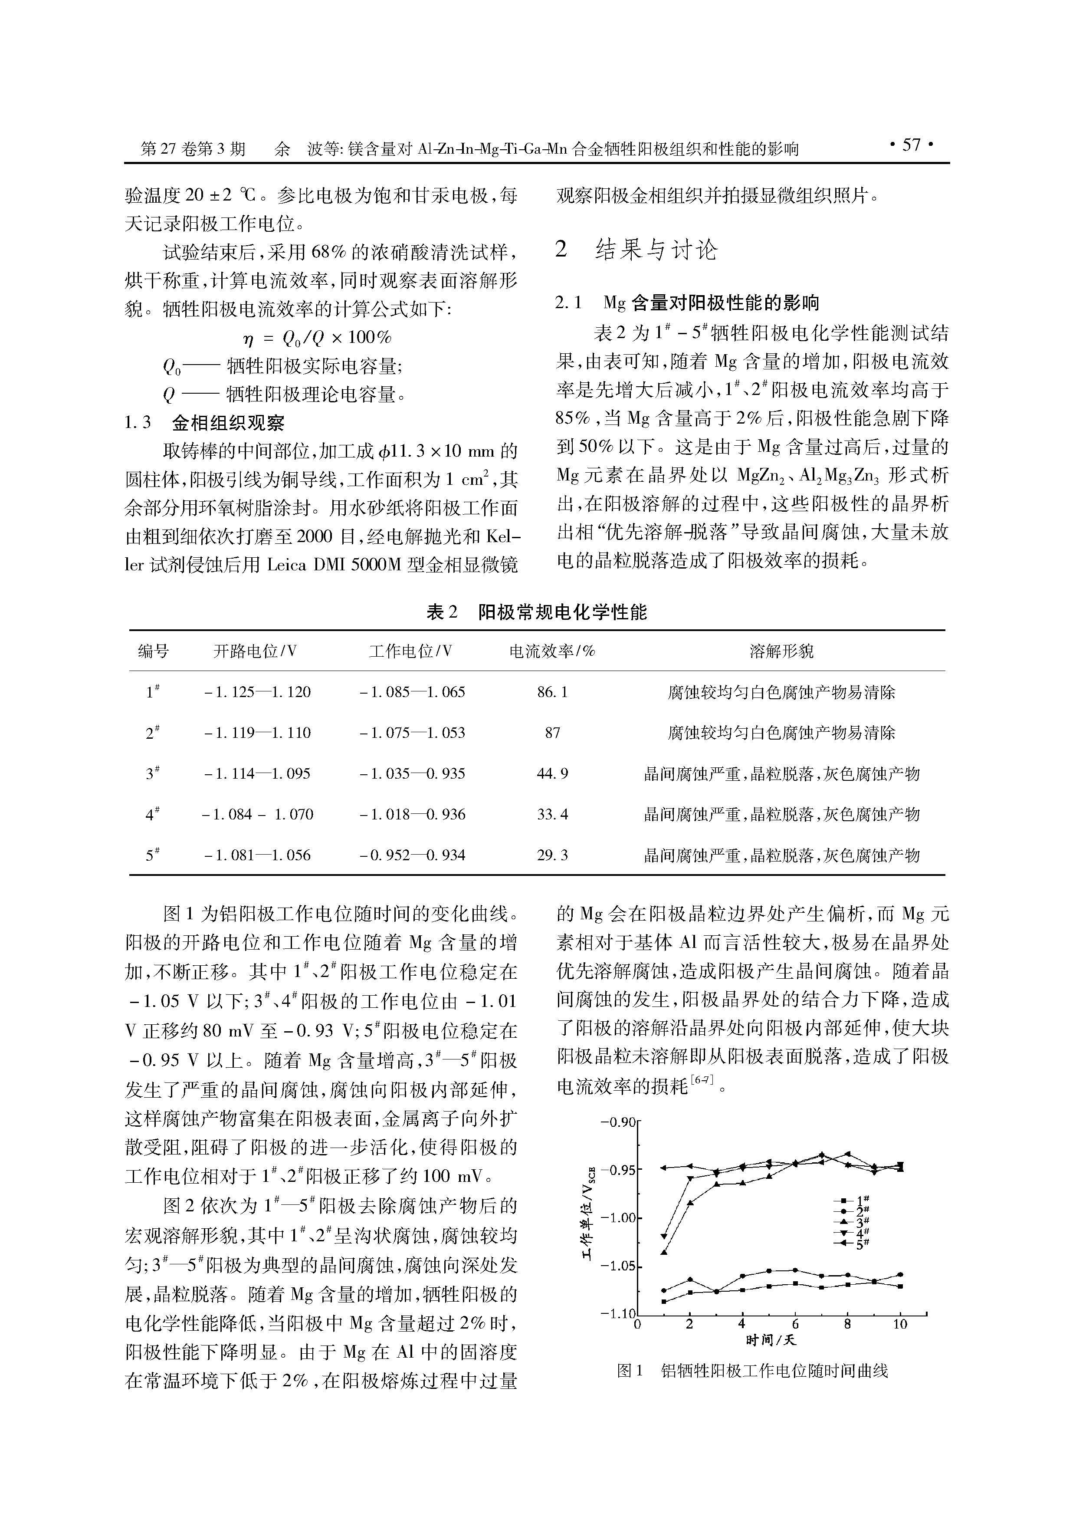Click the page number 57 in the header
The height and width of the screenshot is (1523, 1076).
911,145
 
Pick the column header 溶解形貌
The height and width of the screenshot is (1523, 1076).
781,651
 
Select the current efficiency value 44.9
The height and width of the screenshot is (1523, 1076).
552,773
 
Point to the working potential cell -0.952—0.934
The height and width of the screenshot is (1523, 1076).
412,855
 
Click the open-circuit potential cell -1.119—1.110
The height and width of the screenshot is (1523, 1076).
257,733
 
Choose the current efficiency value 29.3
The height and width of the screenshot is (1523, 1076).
552,855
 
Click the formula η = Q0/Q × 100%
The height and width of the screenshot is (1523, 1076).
318,338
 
